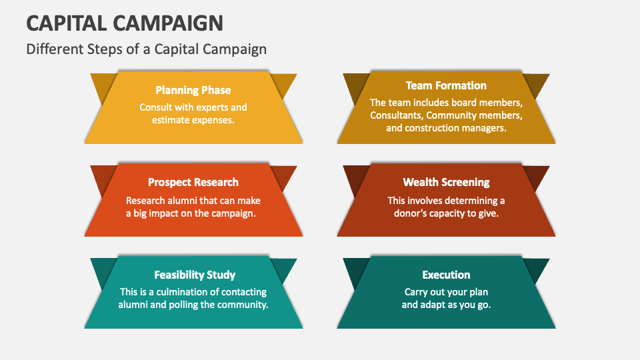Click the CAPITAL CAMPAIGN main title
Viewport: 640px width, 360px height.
click(125, 23)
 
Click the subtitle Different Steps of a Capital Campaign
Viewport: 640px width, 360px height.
click(146, 49)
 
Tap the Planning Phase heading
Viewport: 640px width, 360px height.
click(193, 90)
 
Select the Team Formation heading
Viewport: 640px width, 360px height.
click(446, 85)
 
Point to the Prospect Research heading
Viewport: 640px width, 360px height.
click(193, 182)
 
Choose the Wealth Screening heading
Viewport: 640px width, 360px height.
click(446, 182)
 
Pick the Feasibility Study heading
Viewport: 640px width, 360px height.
click(195, 275)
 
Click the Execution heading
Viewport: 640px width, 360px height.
click(446, 275)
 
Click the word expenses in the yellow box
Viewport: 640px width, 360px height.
click(212, 121)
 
